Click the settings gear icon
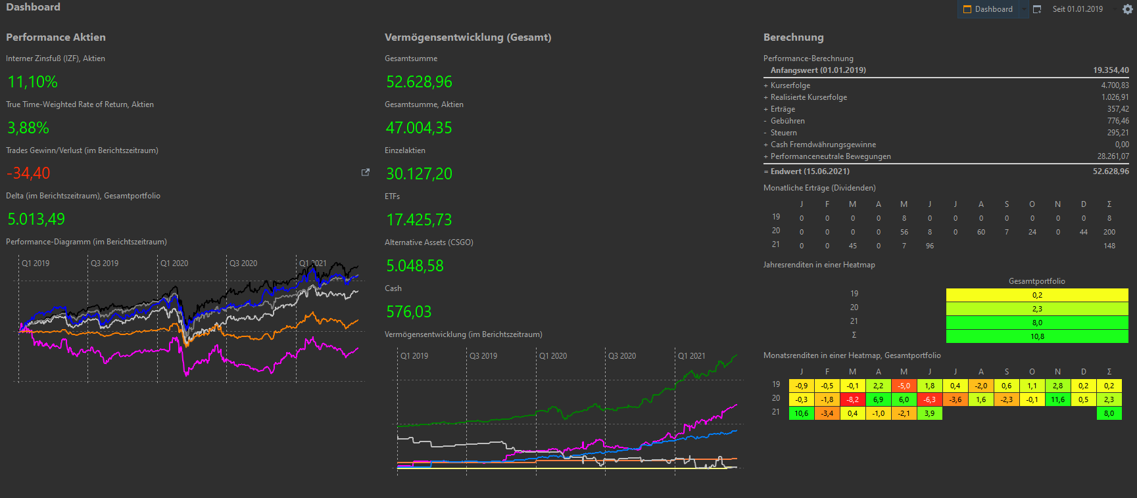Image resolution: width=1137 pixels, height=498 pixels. click(x=1127, y=9)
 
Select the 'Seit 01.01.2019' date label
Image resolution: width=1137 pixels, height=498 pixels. click(x=1077, y=9)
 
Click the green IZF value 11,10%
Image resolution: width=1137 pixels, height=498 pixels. click(x=33, y=82)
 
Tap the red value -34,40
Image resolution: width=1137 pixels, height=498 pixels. click(x=29, y=173)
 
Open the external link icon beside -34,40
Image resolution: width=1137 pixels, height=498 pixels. click(x=366, y=173)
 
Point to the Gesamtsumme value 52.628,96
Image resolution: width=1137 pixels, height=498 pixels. click(x=419, y=82)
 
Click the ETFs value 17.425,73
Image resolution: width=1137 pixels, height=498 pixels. click(x=419, y=220)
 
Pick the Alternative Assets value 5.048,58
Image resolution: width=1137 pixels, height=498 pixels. click(x=415, y=266)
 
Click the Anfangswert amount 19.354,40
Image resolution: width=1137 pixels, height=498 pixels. click(x=1111, y=70)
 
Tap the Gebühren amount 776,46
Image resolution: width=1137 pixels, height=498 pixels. click(x=1118, y=121)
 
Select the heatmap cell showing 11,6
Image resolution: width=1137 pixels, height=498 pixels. click(x=1057, y=399)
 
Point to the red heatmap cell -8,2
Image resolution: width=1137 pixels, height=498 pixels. click(x=852, y=399)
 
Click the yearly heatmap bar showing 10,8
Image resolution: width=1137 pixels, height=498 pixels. click(x=1037, y=336)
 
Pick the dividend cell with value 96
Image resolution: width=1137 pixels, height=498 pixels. click(x=929, y=246)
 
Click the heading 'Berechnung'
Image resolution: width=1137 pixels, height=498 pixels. click(x=793, y=37)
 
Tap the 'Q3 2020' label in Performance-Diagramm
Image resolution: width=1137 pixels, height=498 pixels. click(x=243, y=263)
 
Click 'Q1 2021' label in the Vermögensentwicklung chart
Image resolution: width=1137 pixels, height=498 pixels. click(x=692, y=356)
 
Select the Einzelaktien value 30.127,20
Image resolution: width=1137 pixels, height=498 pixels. click(x=419, y=174)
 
